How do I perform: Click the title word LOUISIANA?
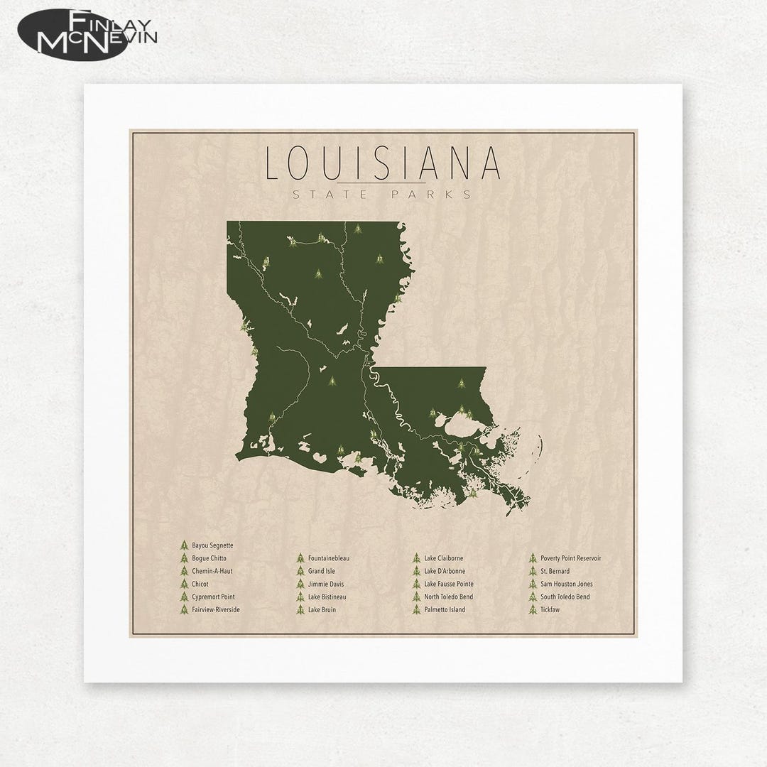(x=383, y=163)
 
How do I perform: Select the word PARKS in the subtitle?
(x=437, y=194)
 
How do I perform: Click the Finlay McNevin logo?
(x=88, y=34)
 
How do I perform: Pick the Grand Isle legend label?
(x=322, y=571)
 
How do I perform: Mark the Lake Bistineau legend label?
(x=327, y=597)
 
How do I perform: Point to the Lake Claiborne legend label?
(x=444, y=558)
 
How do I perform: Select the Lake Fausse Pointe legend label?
(x=449, y=584)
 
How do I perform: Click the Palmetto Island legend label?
(x=445, y=609)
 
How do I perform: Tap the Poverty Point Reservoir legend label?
(x=571, y=558)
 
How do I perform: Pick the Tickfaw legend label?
(x=550, y=609)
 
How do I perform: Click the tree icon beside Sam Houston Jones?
(x=532, y=584)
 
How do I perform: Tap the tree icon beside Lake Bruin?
(x=300, y=609)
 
